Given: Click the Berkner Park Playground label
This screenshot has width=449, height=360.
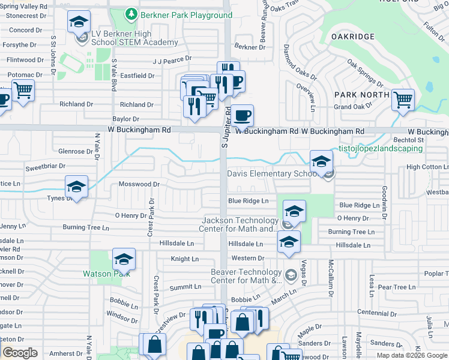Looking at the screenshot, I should [x=186, y=15].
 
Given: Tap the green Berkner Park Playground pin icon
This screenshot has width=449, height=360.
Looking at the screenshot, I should [x=131, y=14].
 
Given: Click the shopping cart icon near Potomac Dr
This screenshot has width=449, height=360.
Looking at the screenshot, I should [x=23, y=91].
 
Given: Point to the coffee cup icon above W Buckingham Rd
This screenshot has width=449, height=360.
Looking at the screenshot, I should [x=243, y=115].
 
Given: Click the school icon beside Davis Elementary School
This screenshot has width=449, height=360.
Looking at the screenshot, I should [x=321, y=160].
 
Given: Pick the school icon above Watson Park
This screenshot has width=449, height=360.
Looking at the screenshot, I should [x=124, y=259].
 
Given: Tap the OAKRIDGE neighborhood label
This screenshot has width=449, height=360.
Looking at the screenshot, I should [x=353, y=37].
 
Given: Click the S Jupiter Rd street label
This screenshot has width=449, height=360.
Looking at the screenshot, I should [x=227, y=128].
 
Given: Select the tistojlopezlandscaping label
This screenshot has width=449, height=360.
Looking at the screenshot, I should [x=381, y=148].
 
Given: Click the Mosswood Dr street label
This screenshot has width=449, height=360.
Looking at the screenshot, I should [x=139, y=184].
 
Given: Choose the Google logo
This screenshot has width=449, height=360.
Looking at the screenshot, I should [x=20, y=353].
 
